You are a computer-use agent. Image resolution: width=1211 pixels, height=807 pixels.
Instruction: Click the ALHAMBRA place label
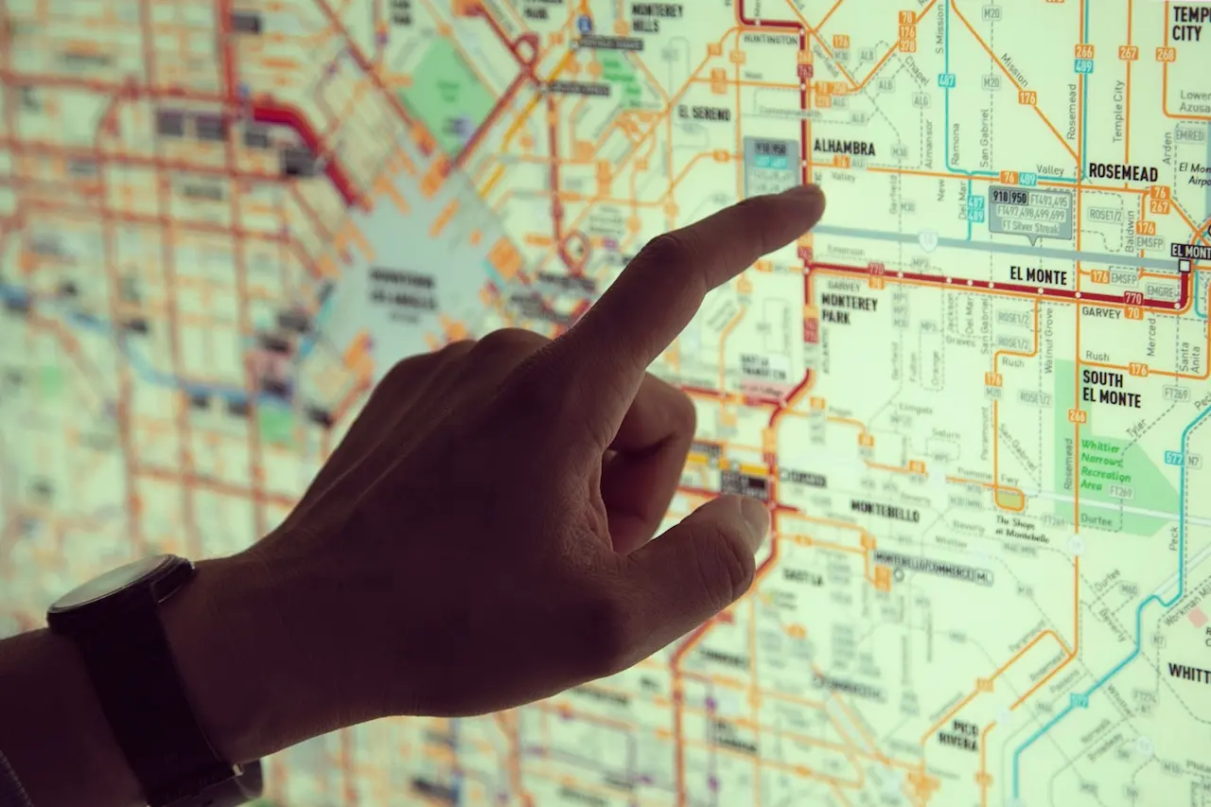(x=844, y=148)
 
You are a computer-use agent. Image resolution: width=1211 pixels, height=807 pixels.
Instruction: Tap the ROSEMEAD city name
(x=1123, y=173)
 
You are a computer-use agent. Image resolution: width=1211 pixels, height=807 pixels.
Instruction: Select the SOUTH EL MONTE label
(x=1112, y=387)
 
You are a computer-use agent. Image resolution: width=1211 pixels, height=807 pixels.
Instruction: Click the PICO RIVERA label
(x=958, y=734)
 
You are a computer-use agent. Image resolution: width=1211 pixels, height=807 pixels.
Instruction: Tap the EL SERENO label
(x=704, y=113)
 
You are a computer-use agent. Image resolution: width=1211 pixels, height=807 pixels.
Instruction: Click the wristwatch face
(x=114, y=581)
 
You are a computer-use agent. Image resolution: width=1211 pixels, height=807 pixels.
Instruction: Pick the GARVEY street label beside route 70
(x=1100, y=311)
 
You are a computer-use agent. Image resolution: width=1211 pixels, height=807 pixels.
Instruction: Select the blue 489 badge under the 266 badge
(x=1083, y=66)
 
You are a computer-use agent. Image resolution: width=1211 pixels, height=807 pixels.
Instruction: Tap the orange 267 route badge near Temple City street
(x=1128, y=53)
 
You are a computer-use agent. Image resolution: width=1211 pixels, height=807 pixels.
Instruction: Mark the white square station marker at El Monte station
(x=1184, y=266)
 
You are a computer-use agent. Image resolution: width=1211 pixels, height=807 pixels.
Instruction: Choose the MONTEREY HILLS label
(x=657, y=17)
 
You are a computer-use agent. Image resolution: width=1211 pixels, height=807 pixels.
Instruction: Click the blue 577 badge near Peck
(x=1174, y=459)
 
